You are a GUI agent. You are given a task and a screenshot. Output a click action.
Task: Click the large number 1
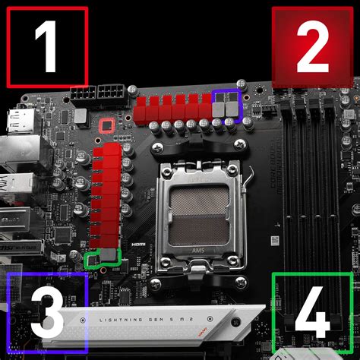pos(47,46)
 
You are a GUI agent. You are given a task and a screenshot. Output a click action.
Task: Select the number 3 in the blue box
pos(48,311)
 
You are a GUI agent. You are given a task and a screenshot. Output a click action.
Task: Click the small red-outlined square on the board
pos(107,125)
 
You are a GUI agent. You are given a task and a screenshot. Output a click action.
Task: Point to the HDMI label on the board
pos(137,245)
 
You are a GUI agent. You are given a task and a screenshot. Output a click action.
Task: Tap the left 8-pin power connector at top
pos(83,94)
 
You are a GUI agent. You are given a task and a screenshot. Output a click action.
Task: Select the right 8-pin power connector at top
pos(111,94)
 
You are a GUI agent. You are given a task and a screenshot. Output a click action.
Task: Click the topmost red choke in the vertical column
pos(109,153)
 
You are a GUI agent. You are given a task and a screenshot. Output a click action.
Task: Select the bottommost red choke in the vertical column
pos(109,242)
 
